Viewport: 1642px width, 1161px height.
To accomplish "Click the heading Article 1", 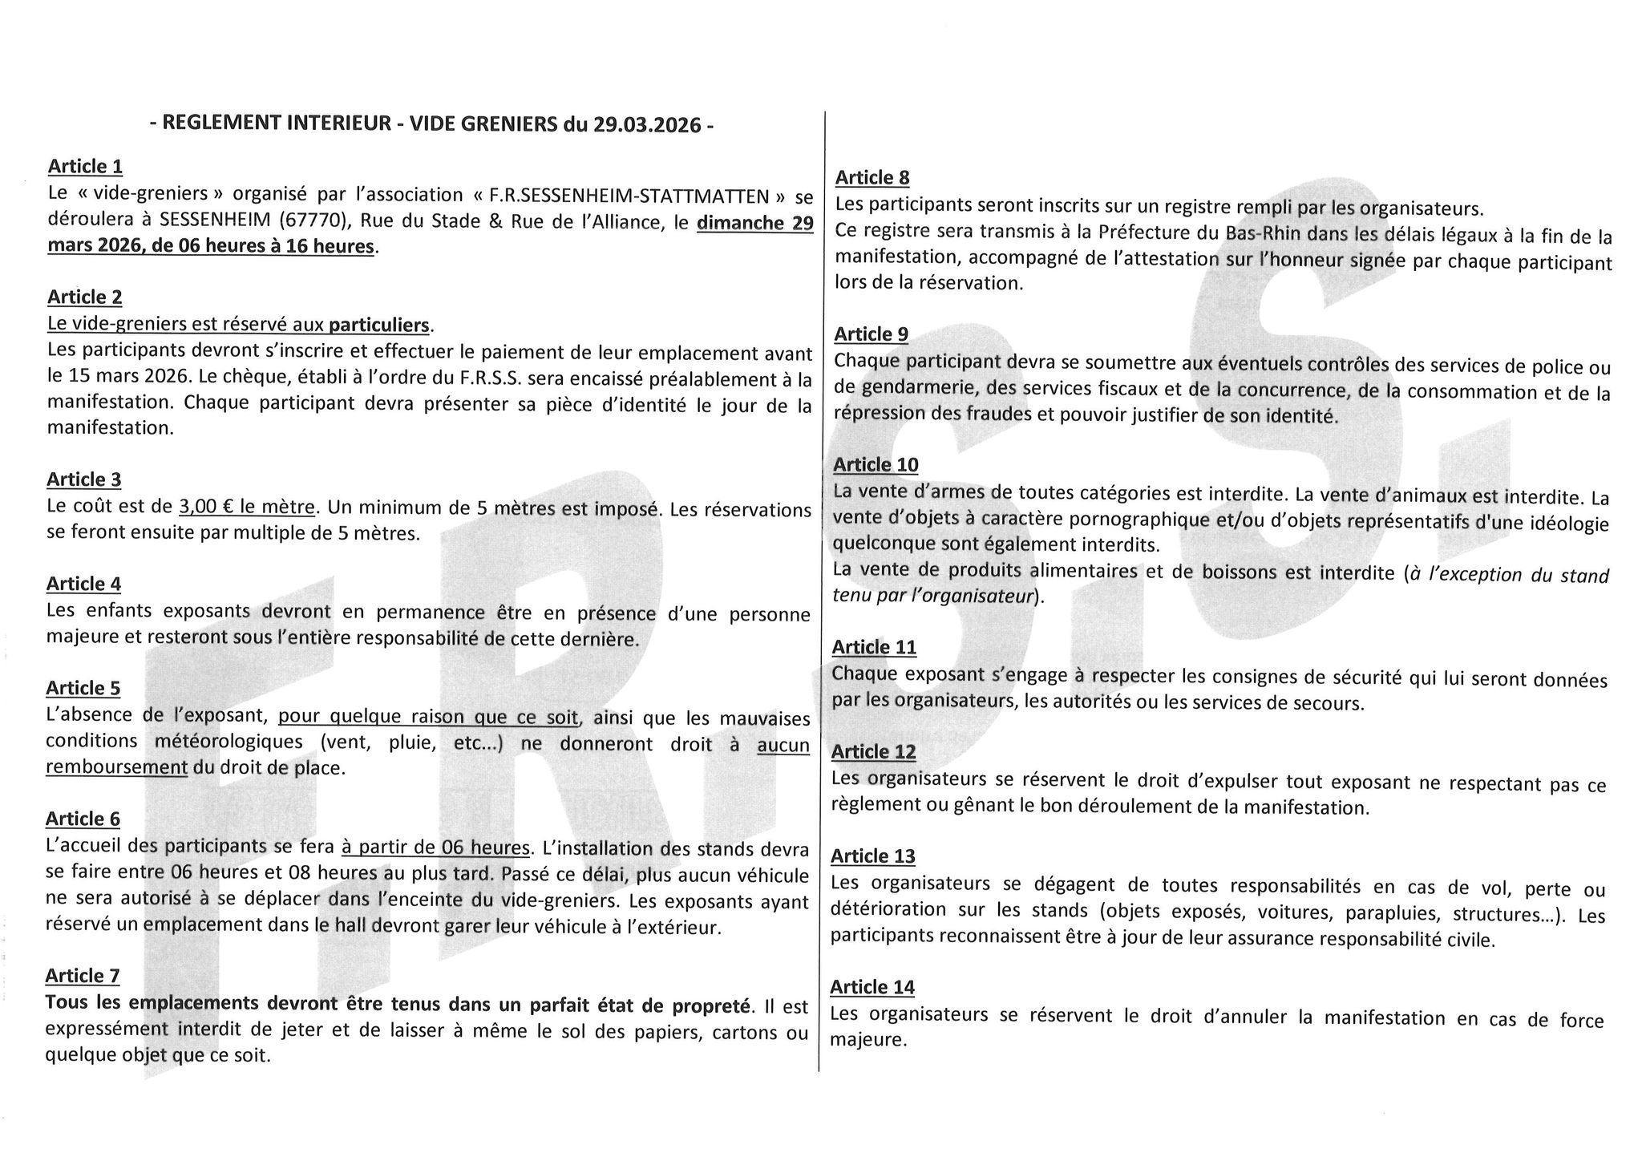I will click(85, 167).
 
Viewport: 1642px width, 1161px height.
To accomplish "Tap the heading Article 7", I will click(83, 976).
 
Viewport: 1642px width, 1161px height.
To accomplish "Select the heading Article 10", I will click(876, 465).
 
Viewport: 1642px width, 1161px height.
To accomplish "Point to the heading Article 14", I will click(872, 987).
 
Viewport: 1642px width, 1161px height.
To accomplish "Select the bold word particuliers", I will click(379, 325).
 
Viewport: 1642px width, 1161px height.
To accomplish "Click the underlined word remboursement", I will click(117, 767).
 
